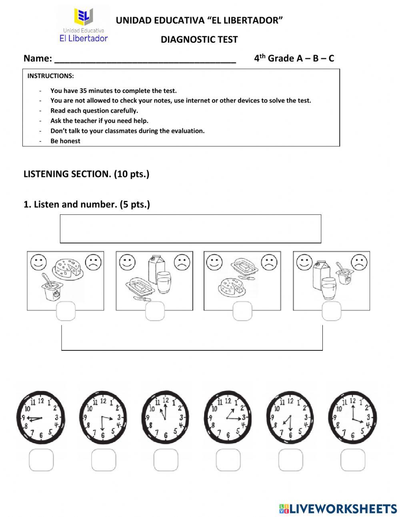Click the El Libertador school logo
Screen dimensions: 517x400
pyautogui.click(x=84, y=25)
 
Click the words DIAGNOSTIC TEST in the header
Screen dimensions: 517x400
pyautogui.click(x=199, y=40)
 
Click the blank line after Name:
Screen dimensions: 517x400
pyautogui.click(x=145, y=60)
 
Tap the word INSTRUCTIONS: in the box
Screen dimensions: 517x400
pyautogui.click(x=50, y=76)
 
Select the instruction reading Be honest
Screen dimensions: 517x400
pyautogui.click(x=65, y=141)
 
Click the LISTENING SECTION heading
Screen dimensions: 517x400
pyautogui.click(x=86, y=174)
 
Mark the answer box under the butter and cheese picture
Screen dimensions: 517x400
pyautogui.click(x=242, y=311)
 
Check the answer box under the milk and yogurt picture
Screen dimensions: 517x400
pyautogui.click(x=331, y=311)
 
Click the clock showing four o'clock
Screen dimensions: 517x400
pyautogui.click(x=352, y=417)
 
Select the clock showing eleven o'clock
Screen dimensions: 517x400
pyautogui.click(x=165, y=417)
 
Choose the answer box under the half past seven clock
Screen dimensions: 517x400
pyautogui.click(x=290, y=460)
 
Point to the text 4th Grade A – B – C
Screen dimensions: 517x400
pyautogui.click(x=294, y=58)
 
